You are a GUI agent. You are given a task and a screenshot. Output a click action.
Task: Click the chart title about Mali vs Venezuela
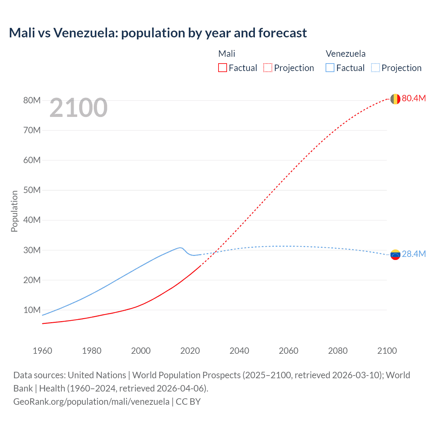[158, 33]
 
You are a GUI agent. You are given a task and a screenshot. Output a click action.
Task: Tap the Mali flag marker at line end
[395, 99]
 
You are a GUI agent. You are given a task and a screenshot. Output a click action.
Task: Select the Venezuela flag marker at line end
[395, 255]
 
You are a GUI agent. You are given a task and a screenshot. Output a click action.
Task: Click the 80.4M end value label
[414, 99]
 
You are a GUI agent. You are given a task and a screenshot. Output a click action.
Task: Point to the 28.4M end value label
[414, 254]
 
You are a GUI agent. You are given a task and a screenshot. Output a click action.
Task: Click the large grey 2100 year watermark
[79, 108]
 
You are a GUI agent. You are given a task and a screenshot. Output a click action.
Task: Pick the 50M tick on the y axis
[32, 190]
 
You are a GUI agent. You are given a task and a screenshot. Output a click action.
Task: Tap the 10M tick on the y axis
[32, 310]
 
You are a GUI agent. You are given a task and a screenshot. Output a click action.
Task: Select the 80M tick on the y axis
[32, 101]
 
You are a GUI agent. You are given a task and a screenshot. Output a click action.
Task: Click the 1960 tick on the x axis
[42, 351]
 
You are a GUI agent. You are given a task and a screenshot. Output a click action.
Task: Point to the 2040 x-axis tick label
[239, 351]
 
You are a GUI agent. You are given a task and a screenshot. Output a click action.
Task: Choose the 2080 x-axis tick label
[338, 351]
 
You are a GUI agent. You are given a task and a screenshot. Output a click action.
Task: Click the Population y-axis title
[14, 211]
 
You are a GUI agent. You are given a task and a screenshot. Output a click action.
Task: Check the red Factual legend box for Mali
[222, 68]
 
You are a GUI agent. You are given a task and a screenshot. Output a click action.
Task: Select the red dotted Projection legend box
[268, 68]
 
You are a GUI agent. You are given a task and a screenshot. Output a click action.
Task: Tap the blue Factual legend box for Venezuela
[330, 68]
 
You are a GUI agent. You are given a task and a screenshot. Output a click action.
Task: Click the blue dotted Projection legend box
[376, 68]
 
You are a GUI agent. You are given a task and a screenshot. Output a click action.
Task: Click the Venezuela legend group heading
[346, 54]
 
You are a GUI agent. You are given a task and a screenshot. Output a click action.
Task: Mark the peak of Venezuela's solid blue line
[180, 247]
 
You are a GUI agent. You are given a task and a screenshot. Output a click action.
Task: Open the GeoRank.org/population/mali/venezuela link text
[91, 402]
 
